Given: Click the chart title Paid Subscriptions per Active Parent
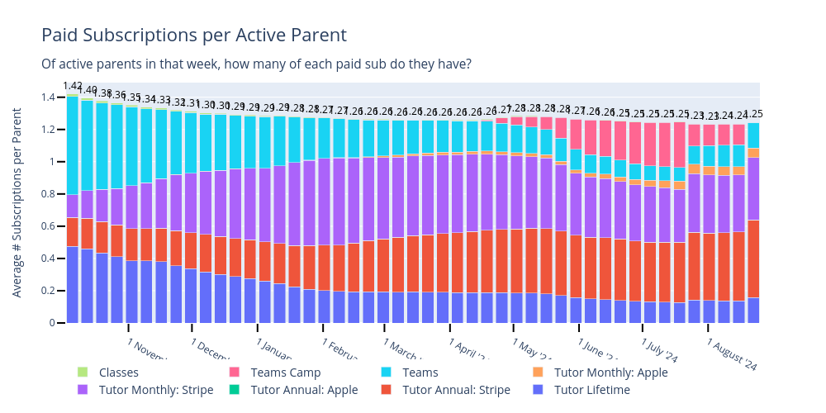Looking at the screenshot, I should point(193,36).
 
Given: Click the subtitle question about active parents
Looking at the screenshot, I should point(256,64).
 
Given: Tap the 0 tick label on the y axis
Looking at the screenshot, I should point(52,323).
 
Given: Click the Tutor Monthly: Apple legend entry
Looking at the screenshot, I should point(610,373).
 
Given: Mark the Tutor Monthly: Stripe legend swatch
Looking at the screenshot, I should point(83,390).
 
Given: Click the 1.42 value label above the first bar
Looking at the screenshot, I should point(73,86).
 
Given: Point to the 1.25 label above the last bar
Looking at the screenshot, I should point(753,114).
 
